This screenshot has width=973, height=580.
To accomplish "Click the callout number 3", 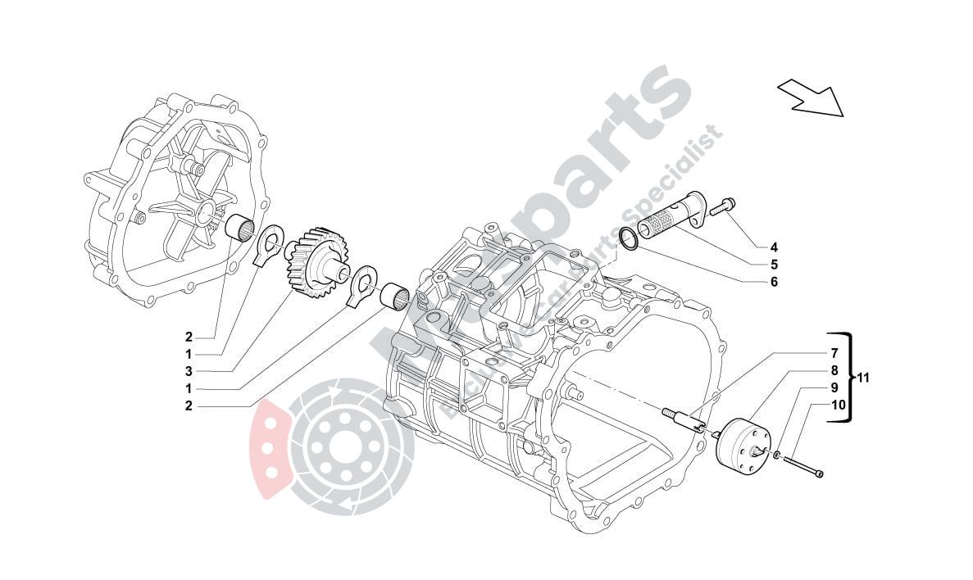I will pyautogui.click(x=188, y=370).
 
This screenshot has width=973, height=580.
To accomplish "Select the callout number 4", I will pyautogui.click(x=773, y=247).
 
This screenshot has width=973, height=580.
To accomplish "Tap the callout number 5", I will pyautogui.click(x=773, y=265).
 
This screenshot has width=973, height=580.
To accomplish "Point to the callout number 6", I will pyautogui.click(x=773, y=283).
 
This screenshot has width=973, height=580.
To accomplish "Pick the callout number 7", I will pyautogui.click(x=833, y=354).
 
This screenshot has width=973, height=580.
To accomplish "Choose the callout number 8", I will pyautogui.click(x=833, y=370).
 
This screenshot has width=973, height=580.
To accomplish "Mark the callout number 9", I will pyautogui.click(x=833, y=387).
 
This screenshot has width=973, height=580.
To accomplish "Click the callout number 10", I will pyautogui.click(x=838, y=405).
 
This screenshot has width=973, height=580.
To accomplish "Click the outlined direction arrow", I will pyautogui.click(x=810, y=97).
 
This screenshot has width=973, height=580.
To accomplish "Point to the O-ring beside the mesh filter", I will pyautogui.click(x=628, y=238).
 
